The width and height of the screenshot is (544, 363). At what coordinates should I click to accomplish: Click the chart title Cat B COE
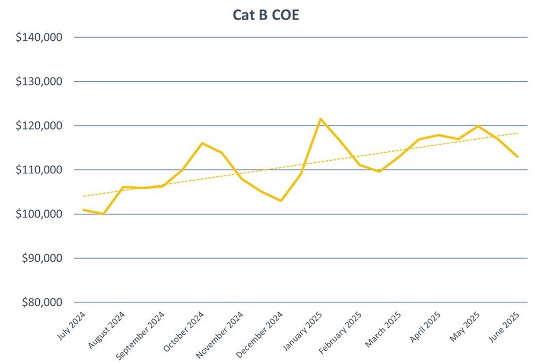click(x=266, y=15)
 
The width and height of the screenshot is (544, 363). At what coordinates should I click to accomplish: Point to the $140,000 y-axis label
click(x=40, y=38)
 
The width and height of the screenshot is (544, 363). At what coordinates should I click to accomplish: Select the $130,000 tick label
click(x=40, y=82)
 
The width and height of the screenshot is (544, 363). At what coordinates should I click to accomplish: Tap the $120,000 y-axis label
click(x=40, y=126)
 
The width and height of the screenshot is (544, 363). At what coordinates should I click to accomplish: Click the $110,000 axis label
click(x=40, y=170)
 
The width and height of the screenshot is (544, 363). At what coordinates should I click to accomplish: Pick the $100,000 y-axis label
click(x=40, y=214)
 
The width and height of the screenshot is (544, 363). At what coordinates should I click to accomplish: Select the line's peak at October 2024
click(x=202, y=143)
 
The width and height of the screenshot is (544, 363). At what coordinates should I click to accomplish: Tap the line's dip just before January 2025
click(x=281, y=201)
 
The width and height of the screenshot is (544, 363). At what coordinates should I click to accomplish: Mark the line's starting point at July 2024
click(x=83, y=210)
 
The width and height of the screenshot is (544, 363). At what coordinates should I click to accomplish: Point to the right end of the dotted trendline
click(x=518, y=133)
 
